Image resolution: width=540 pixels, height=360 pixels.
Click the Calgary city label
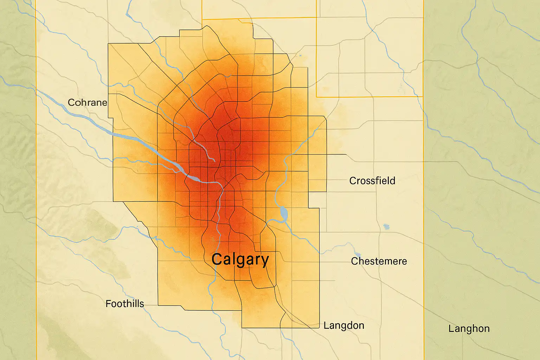tap(240, 259)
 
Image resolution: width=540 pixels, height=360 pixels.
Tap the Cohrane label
tap(87, 103)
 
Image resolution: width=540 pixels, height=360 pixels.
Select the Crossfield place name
tap(372, 181)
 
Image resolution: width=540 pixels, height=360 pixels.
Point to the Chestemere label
tap(379, 261)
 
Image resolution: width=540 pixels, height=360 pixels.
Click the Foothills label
tap(125, 304)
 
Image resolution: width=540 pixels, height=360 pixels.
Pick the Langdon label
tap(343, 326)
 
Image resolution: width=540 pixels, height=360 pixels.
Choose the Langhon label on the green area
tap(469, 329)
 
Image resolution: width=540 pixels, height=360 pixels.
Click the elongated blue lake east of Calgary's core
tap(284, 213)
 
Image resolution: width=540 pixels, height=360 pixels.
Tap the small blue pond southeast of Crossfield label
tap(387, 227)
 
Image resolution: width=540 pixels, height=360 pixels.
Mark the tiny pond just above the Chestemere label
tap(358, 254)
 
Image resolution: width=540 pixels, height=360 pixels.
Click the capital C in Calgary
tap(217, 259)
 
